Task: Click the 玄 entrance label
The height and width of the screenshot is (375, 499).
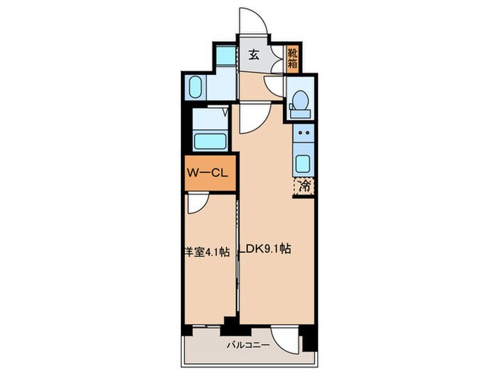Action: tap(253, 54)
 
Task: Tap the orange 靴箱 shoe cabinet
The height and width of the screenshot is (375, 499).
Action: tap(293, 57)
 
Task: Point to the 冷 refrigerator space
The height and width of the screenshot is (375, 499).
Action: tap(304, 186)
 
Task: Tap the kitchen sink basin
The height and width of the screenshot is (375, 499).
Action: tap(304, 161)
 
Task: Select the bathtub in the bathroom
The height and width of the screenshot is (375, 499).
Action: tap(210, 139)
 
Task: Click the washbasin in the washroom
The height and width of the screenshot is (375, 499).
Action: tap(197, 88)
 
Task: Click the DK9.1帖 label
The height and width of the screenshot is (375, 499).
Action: tap(269, 249)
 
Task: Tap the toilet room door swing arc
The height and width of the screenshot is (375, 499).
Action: tap(274, 86)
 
